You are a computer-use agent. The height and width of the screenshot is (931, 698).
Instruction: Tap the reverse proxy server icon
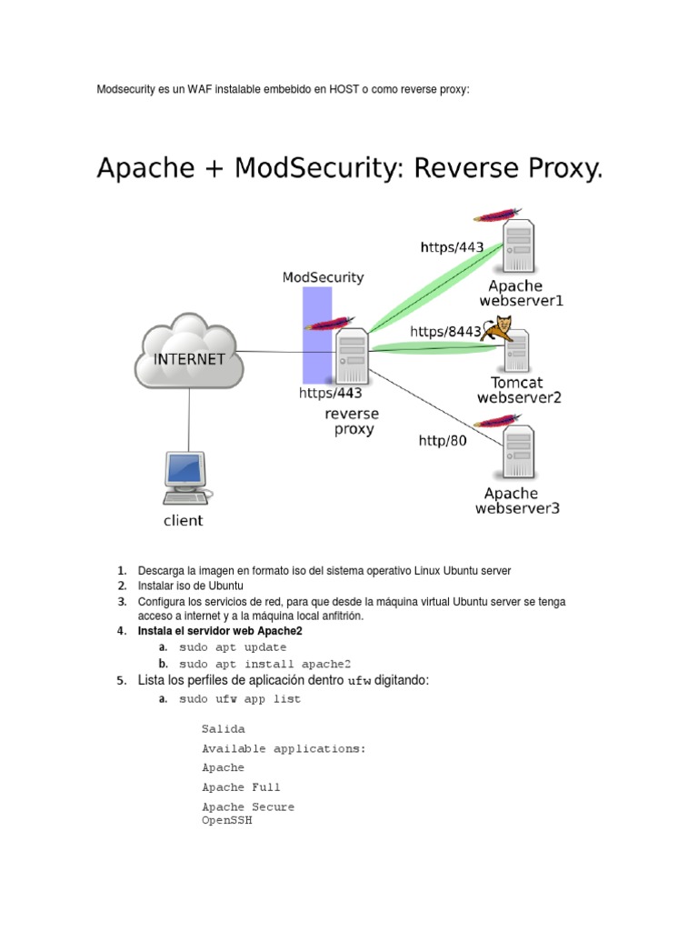tap(352, 356)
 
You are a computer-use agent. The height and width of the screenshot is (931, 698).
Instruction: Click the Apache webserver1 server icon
tap(519, 245)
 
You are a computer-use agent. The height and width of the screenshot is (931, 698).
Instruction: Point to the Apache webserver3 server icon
tap(519, 452)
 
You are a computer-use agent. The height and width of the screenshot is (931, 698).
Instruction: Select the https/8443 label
tap(445, 332)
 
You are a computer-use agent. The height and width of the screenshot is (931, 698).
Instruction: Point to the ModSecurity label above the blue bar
tap(323, 277)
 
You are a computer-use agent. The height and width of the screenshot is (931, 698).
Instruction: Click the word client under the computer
tap(183, 521)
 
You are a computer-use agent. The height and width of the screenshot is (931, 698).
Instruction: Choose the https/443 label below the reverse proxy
tap(331, 394)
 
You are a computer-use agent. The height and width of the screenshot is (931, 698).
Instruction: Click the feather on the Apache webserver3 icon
tap(500, 420)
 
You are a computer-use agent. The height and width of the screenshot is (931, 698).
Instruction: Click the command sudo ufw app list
tap(240, 699)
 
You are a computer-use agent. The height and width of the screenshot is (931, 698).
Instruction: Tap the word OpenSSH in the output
tap(226, 820)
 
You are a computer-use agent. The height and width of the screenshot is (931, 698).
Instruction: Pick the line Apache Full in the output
tap(241, 787)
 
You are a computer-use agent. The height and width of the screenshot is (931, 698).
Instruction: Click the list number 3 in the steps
tap(121, 602)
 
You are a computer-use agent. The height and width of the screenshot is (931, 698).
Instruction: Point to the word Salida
tap(223, 729)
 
